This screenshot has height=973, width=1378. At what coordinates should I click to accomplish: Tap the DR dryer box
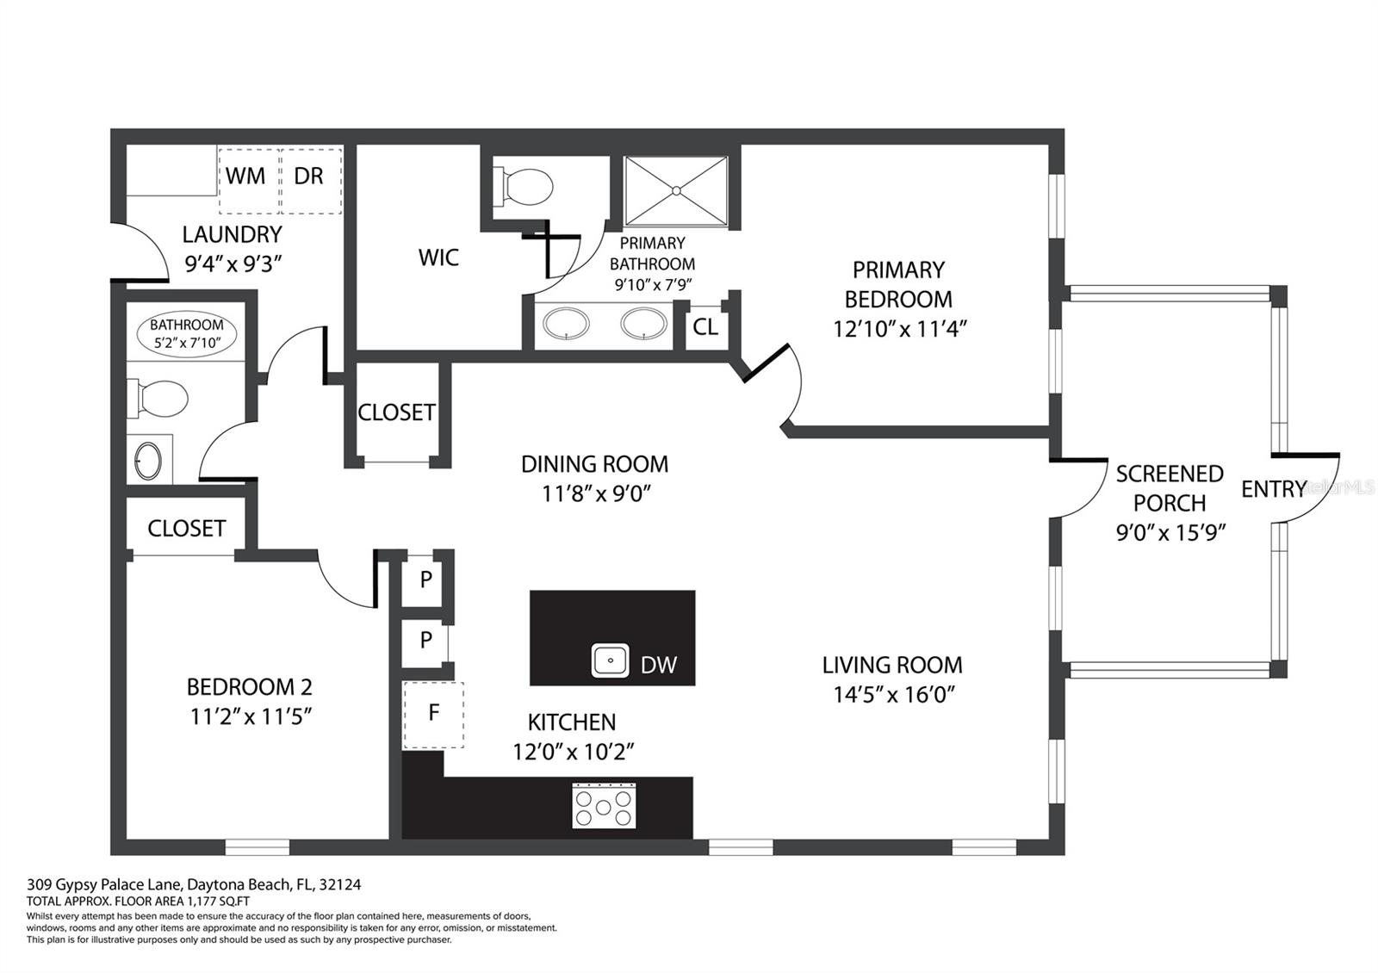(x=311, y=180)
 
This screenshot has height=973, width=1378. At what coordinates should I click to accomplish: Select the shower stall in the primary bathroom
(x=676, y=190)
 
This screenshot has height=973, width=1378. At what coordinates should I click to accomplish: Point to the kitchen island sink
(x=611, y=660)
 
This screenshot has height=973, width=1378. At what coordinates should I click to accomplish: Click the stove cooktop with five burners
(x=604, y=806)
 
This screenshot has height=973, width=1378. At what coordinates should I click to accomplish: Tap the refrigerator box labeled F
(x=433, y=715)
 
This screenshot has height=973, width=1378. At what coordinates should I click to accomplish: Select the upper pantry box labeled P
(x=425, y=579)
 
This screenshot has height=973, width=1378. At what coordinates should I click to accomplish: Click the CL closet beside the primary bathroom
(x=705, y=327)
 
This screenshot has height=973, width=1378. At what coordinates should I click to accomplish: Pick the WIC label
(x=438, y=257)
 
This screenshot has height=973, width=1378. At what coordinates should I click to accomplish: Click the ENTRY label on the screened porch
(x=1273, y=489)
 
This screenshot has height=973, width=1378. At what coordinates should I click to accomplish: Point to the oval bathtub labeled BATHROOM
(x=187, y=334)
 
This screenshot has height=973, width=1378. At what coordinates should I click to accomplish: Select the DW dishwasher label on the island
(x=659, y=664)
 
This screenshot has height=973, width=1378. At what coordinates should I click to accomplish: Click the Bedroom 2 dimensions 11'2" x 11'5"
(x=250, y=716)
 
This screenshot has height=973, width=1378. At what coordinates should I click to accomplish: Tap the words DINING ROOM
(x=594, y=464)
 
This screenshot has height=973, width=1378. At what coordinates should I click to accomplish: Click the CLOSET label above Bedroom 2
(x=186, y=528)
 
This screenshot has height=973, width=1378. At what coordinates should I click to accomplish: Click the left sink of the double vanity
(x=566, y=325)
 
